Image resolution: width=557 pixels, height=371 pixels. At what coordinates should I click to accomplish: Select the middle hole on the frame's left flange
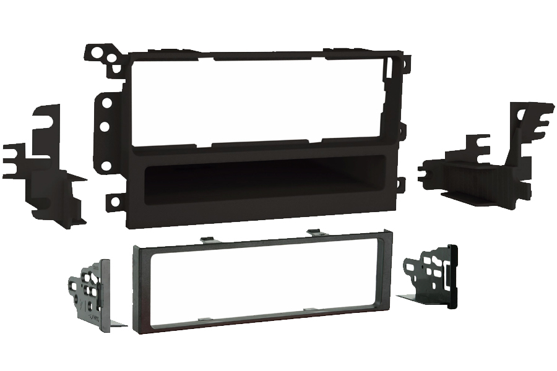[105, 126]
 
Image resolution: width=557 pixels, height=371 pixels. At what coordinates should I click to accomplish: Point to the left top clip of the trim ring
[204, 239]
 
